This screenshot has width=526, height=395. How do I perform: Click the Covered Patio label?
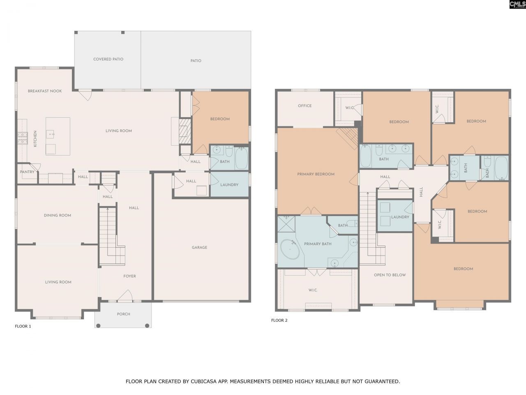(108, 59)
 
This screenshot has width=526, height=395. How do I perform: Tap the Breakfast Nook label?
(45, 91)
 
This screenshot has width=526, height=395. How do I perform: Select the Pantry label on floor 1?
(27, 172)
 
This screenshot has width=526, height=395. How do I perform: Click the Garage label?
(199, 248)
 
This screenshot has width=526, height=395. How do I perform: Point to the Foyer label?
(129, 276)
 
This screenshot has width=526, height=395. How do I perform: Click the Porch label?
(123, 314)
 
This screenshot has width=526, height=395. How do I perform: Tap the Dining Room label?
(58, 216)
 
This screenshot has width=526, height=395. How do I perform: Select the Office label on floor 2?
(305, 106)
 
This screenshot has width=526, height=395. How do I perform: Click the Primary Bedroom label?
(316, 174)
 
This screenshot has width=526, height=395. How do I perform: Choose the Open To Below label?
(390, 275)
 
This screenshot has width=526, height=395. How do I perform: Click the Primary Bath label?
(318, 244)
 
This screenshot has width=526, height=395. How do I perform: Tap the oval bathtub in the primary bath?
(290, 249)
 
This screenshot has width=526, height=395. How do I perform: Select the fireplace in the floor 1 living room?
(184, 131)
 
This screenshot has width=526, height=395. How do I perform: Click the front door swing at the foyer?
(125, 295)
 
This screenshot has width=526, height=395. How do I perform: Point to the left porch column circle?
(98, 325)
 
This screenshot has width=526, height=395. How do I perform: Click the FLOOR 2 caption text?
(279, 321)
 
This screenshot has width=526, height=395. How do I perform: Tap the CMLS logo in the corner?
(517, 5)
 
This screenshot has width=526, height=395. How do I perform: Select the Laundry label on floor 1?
(229, 185)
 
